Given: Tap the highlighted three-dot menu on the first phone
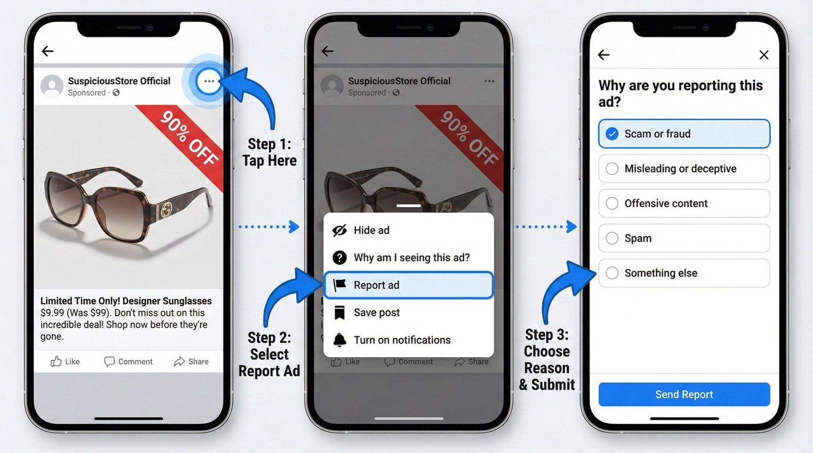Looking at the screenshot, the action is point(209,81).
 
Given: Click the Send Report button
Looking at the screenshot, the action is point(684,394).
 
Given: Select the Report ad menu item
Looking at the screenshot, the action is point(409,285).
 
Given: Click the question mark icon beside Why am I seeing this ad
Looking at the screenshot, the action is point(339,257).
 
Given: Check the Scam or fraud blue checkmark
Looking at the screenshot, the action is point(612,134).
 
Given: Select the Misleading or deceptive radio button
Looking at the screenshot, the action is point(612,168).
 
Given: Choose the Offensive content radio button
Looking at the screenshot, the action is point(612,203).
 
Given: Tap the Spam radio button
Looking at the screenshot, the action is point(612,238).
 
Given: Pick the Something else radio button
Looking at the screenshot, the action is point(612,273).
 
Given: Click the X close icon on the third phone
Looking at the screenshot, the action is point(764,55).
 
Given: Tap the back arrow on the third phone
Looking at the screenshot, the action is point(604,55).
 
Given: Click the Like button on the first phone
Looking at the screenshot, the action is point(65,361).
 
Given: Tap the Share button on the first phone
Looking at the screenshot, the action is point(191,361).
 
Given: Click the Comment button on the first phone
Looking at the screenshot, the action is point(128,361).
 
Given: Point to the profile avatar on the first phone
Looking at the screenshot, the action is point(52,86).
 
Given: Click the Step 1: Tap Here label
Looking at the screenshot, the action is point(269,152).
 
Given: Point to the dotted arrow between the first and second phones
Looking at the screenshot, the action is point(269,227).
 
